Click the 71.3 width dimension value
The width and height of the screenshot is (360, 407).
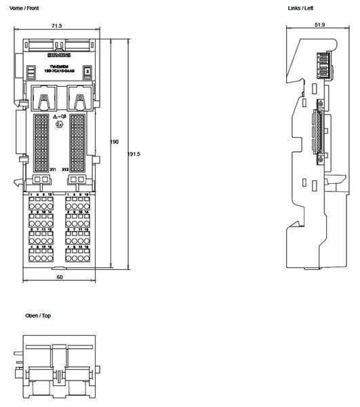pos(56,26)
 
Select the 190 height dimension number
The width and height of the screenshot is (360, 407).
pos(115,142)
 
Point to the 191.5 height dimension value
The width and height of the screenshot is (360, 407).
pos(134,154)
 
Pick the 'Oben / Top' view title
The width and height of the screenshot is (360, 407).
pos(38,316)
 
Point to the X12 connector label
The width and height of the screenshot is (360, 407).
pos(64,170)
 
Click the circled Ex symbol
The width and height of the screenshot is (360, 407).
pos(60,125)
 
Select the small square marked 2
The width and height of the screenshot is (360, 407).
pos(86,71)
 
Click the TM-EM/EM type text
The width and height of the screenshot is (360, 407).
pos(59,66)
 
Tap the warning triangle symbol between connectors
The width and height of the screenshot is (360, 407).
pos(56,117)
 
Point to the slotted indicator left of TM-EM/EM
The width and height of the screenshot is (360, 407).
pos(31,71)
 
